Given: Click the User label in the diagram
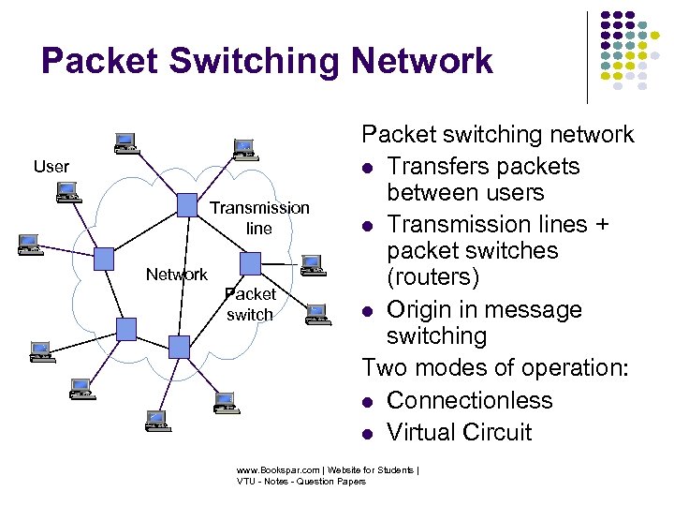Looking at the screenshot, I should (x=51, y=167).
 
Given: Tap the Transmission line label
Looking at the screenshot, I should (x=259, y=217).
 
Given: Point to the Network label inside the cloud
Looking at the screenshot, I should (x=176, y=275).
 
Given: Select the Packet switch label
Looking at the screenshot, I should (x=250, y=305).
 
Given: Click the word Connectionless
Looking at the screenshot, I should (x=469, y=400).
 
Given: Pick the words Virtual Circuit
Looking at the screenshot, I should (x=459, y=432).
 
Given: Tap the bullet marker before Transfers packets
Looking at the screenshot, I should (x=370, y=168).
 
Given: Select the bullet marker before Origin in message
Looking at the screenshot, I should (x=370, y=311).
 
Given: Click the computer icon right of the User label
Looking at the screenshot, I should (x=124, y=142).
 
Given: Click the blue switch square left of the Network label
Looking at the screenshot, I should (x=104, y=258).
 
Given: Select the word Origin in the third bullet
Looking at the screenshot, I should (x=418, y=309).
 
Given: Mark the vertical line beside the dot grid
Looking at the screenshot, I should (x=587, y=56).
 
